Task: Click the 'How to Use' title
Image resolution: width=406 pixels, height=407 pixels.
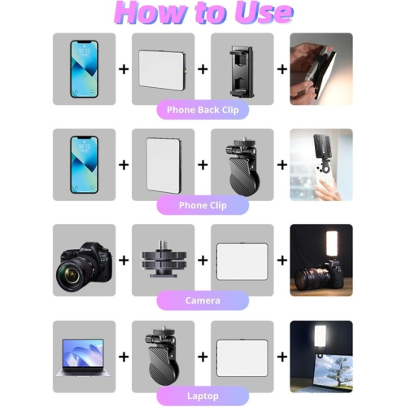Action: pos(203,14)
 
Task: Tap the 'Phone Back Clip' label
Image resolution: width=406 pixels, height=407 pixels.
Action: pos(203,109)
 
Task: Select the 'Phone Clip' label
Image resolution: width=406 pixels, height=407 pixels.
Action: pos(203,205)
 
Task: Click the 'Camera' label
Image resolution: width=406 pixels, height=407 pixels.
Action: pos(203,300)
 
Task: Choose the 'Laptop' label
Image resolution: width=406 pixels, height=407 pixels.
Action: pos(203,396)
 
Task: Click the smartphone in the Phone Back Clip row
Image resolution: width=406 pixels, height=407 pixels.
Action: pos(84,68)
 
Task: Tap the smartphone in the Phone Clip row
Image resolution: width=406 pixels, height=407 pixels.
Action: pos(84,164)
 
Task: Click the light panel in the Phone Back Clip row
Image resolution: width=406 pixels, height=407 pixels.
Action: pos(163,68)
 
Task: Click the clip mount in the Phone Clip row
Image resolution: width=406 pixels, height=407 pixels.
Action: pos(242,166)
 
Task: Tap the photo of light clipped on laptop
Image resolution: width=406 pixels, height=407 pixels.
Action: pos(321,356)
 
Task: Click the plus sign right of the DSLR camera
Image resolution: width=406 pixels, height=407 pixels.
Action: pos(124,260)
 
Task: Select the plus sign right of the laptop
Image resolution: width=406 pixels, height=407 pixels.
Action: pos(124,357)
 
